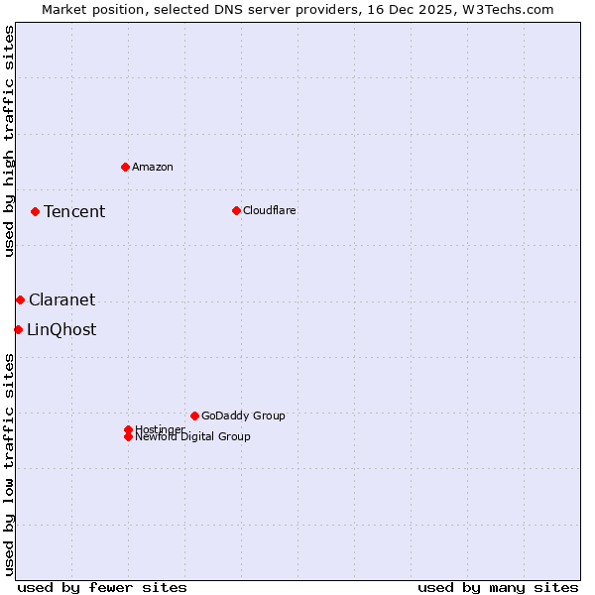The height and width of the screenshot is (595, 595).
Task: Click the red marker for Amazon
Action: (125, 167)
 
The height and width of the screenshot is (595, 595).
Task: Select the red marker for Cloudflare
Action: (236, 210)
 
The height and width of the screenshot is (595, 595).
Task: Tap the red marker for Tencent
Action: (35, 211)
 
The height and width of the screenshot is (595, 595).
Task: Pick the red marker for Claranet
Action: (20, 299)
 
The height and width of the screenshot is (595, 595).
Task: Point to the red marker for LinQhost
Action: (18, 329)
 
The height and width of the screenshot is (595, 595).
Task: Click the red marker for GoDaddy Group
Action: (194, 416)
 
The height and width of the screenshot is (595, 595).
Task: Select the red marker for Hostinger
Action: (128, 429)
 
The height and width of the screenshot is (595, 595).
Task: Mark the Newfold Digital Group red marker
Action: (128, 436)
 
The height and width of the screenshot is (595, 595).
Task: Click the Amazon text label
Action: (153, 167)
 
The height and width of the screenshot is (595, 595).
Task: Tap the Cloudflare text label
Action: (270, 210)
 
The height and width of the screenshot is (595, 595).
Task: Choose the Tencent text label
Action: (74, 211)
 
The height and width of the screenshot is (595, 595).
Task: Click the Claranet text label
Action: (62, 299)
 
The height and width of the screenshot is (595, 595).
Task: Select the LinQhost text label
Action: (61, 329)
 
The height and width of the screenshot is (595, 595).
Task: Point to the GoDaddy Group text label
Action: (243, 416)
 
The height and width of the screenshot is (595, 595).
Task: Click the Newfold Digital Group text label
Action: (193, 437)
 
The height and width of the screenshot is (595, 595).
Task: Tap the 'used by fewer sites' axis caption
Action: (102, 587)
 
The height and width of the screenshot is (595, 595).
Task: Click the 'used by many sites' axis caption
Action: (498, 587)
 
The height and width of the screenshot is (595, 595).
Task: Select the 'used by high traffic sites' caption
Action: (9, 141)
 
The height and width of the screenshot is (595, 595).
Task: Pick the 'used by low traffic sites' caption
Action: (9, 464)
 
